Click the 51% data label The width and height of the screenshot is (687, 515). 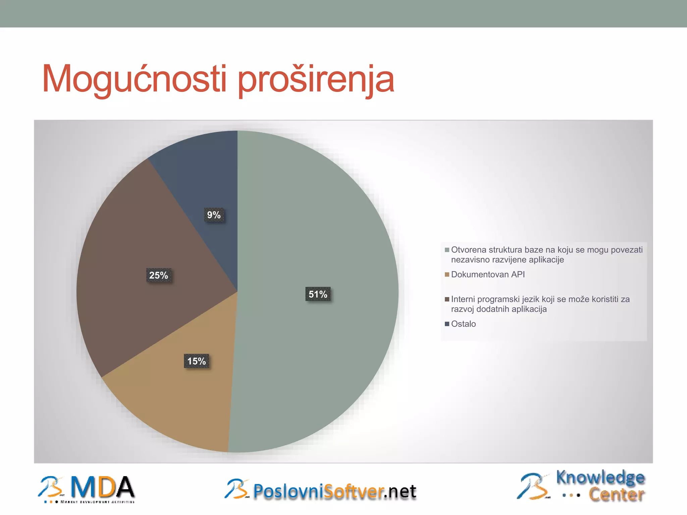(318, 294)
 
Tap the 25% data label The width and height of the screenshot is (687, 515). (158, 275)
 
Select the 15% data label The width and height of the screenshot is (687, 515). (197, 361)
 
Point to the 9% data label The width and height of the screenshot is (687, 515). (214, 215)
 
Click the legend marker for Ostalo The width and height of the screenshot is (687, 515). (447, 324)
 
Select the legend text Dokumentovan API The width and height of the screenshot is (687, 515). (488, 275)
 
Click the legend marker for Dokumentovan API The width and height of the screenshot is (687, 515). (447, 275)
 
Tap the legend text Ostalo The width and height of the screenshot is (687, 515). (463, 324)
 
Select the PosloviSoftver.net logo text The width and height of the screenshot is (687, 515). (334, 492)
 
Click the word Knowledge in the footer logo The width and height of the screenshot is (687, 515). (600, 477)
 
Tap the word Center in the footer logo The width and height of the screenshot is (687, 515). (617, 495)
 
